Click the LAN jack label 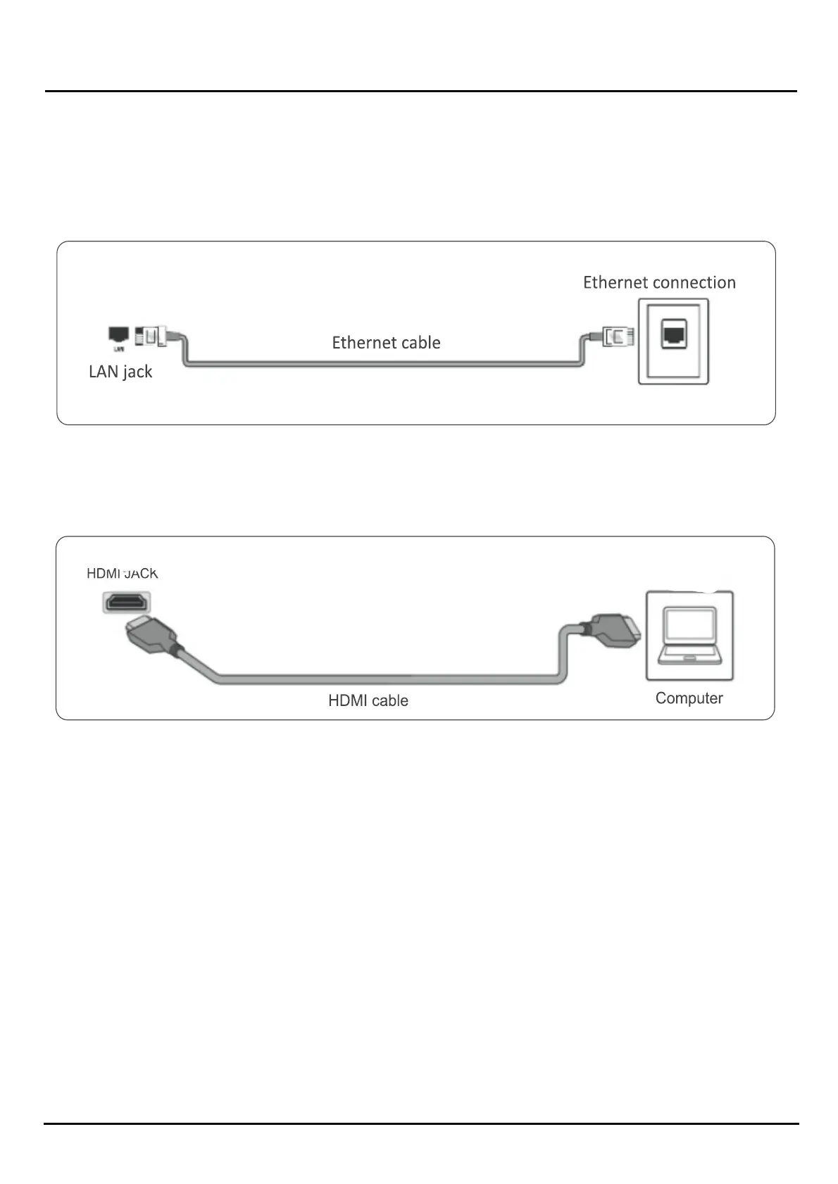coord(120,372)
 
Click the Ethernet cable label coord(386,343)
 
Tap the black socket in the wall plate coord(673,334)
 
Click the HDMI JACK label coord(123,574)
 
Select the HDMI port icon coord(127,603)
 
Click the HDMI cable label coord(368,700)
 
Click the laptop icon coord(689,635)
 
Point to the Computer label coord(689,698)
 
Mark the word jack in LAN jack coord(137,372)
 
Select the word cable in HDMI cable coord(389,700)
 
